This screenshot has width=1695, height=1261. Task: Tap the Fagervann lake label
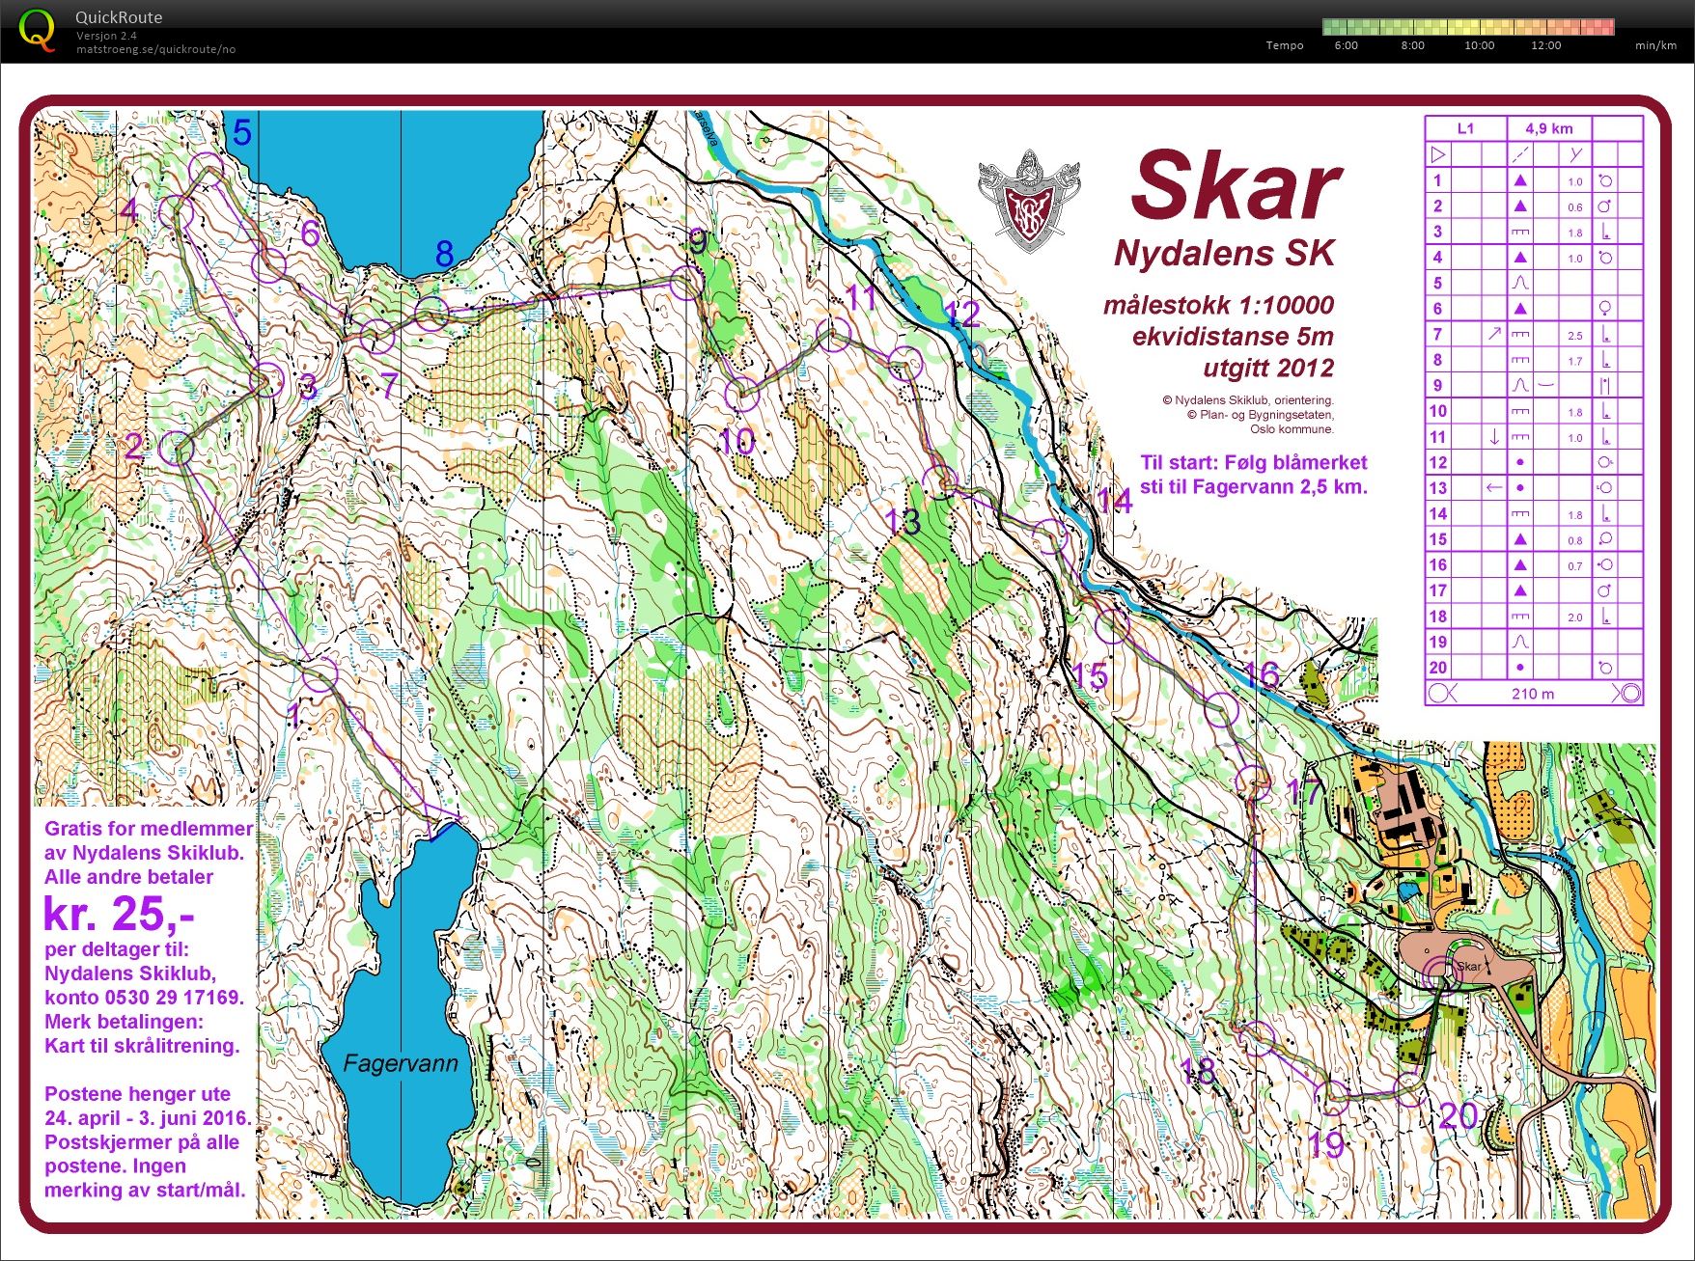point(401,1063)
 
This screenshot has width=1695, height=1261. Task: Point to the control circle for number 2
point(177,449)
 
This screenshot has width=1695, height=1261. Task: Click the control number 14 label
point(1114,501)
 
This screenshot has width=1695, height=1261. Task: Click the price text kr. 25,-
point(119,913)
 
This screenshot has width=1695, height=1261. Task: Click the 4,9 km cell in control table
point(1548,128)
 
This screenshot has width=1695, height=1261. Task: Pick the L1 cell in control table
point(1465,128)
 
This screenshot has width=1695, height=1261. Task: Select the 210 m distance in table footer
point(1533,693)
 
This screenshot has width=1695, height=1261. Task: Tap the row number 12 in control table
point(1437,462)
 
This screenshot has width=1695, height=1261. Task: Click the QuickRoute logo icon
point(37,30)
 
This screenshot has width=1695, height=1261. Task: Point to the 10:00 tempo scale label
point(1479,45)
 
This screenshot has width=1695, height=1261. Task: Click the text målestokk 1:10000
point(1218,306)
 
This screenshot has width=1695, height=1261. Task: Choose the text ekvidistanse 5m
point(1232,337)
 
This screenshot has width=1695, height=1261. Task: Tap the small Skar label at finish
point(1468,966)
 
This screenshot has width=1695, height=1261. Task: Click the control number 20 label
point(1458,1116)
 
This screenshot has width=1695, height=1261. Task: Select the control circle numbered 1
point(320,675)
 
